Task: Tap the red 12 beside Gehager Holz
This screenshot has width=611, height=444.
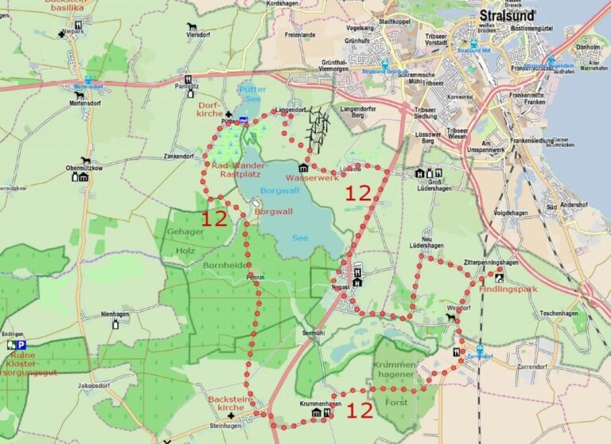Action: click(214, 219)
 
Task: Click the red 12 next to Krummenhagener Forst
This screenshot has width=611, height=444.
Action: click(360, 411)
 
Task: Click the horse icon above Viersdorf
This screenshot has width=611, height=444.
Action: click(190, 25)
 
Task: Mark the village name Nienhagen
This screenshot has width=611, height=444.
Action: click(115, 315)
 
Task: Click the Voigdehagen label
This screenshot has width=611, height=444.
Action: click(511, 213)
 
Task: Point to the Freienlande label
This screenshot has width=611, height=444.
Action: click(300, 34)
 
